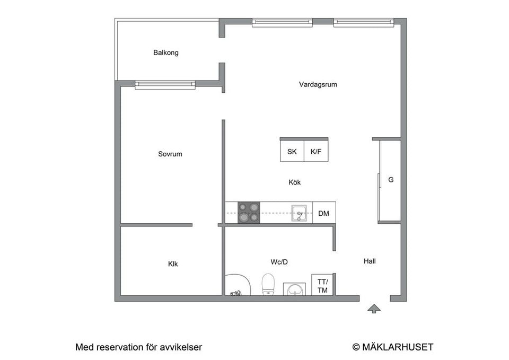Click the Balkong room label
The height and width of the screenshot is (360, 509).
click(165, 52)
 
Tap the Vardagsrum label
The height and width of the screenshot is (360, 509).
click(318, 84)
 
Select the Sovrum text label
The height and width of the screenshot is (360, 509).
click(170, 154)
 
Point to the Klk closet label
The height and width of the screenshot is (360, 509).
click(173, 264)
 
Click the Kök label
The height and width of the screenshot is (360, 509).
click(295, 182)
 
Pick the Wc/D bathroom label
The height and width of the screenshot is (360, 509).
click(279, 262)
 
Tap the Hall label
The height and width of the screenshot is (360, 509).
click(370, 261)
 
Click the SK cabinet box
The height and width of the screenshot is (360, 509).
click(292, 152)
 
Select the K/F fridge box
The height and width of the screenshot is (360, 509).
click(316, 152)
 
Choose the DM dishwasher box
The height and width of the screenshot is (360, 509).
click(323, 214)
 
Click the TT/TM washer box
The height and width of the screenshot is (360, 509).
click(322, 286)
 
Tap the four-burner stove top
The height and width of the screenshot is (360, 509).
click(249, 212)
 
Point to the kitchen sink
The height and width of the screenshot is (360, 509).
click(300, 213)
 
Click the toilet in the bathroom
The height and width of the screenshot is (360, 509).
click(268, 284)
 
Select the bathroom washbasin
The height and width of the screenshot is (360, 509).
click(295, 289)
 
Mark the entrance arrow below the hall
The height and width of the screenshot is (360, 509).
click(374, 308)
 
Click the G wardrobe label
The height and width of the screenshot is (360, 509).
click(391, 180)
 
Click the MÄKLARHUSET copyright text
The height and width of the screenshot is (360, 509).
click(393, 347)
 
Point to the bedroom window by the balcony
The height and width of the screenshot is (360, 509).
click(165, 84)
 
